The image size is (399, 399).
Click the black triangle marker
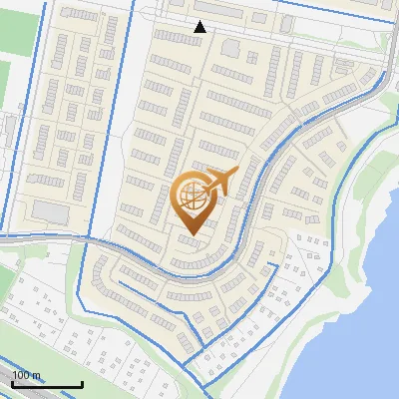[x=199, y=27]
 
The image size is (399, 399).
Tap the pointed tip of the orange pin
[x=191, y=235]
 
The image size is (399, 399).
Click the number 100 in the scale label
[x=20, y=375]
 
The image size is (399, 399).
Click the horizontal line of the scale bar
[x=46, y=385]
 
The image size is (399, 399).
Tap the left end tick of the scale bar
[x=11, y=383]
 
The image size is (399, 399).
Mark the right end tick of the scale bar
[x=82, y=383]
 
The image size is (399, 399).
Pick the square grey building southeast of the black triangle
[x=230, y=48]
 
